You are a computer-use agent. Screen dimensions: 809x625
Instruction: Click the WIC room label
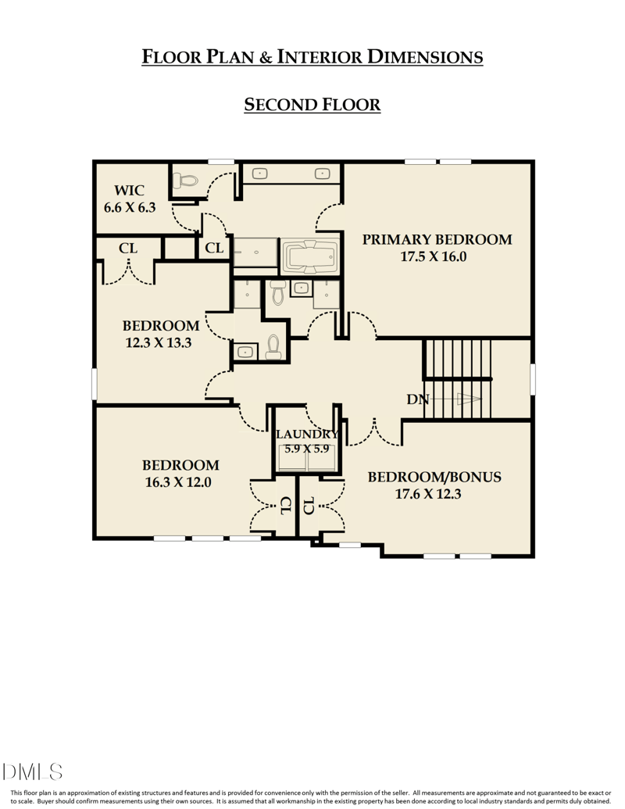129,191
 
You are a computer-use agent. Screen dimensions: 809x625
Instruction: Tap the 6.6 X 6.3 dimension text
130,208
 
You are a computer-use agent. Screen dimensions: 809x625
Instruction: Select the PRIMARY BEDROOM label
437,239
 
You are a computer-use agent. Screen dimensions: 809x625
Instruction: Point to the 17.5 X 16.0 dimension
434,256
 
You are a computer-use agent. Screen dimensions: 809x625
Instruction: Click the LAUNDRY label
306,435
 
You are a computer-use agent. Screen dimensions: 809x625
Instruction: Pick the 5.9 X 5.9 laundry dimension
306,449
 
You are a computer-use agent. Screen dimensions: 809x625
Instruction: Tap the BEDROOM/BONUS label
434,477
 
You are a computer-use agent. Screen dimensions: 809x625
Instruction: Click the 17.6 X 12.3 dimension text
428,494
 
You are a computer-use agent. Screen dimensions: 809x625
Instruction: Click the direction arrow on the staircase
467,399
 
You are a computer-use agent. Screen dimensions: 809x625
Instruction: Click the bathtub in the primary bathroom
311,256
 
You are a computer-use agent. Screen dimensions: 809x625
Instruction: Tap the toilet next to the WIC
186,181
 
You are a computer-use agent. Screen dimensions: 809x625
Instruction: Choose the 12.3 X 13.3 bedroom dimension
159,342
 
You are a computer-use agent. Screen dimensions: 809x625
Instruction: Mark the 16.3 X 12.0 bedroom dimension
178,482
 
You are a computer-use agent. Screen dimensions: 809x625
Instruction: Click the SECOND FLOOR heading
312,105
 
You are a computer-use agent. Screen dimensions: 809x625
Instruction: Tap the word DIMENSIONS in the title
425,57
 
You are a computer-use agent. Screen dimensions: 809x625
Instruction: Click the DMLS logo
33,772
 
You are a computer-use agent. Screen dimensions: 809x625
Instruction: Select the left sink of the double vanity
261,174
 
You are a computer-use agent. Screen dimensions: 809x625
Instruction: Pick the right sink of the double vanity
321,174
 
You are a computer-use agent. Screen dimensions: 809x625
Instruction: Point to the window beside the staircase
533,379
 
